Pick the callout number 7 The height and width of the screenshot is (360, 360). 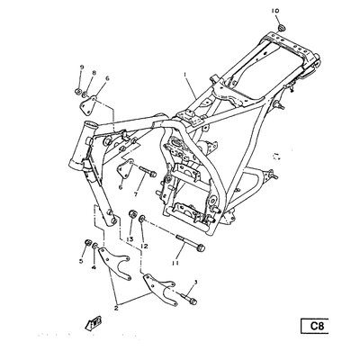point(135,194)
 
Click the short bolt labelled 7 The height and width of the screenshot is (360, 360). point(148,173)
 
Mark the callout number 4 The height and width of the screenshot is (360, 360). point(92,266)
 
